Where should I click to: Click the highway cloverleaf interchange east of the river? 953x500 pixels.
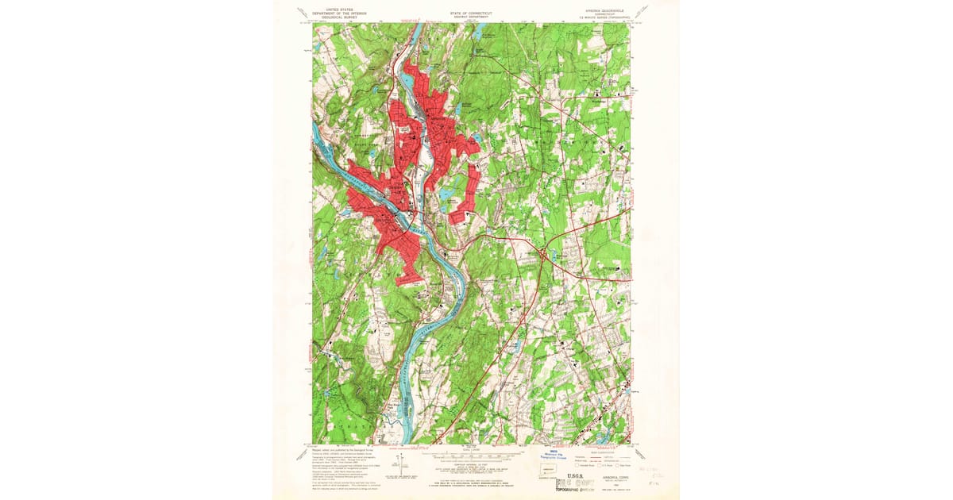point(544,254)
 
